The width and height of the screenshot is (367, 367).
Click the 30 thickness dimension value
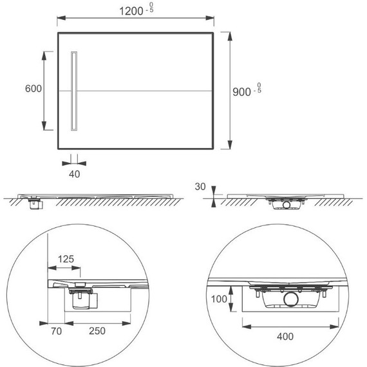point(200,187)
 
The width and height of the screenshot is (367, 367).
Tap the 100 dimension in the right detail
point(220,299)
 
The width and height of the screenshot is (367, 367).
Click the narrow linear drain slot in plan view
point(75,91)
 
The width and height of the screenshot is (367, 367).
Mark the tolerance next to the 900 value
point(258,88)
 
